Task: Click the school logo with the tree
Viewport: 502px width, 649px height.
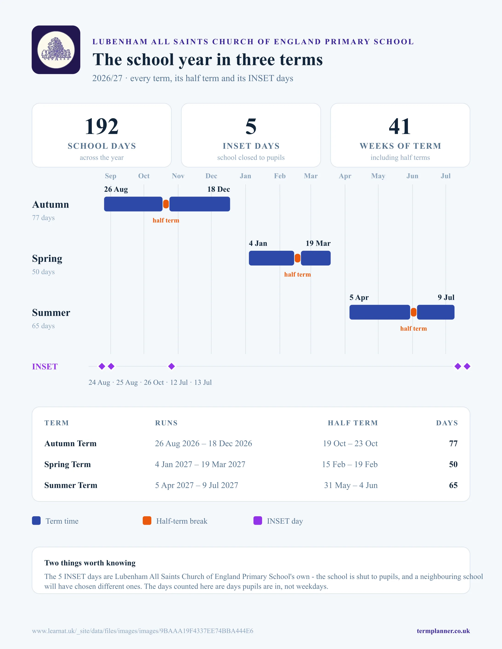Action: click(56, 50)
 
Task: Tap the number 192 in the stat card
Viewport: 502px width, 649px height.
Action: click(102, 126)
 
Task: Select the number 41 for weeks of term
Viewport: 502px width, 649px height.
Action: click(400, 126)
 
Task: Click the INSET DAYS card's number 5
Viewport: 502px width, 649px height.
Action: click(251, 126)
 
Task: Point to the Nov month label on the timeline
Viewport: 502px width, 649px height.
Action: click(178, 176)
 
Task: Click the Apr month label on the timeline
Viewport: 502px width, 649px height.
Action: click(345, 176)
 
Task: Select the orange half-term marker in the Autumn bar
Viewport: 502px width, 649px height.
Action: click(166, 204)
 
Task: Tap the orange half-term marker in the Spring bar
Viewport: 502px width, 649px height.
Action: click(297, 258)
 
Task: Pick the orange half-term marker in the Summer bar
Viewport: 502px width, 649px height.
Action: click(413, 312)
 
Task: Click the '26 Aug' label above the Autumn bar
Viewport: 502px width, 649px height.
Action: click(116, 189)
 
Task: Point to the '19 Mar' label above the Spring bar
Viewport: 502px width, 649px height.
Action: click(318, 243)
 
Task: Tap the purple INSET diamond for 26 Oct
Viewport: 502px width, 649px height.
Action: click(172, 366)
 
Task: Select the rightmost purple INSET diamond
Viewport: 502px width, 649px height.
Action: click(467, 366)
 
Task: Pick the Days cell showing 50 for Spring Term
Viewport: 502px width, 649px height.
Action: click(453, 464)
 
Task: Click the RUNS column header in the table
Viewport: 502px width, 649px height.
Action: click(166, 423)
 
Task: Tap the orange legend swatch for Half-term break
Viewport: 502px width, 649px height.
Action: click(147, 521)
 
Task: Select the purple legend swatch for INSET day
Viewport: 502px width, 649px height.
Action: click(257, 521)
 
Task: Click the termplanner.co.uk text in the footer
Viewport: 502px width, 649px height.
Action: click(443, 631)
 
